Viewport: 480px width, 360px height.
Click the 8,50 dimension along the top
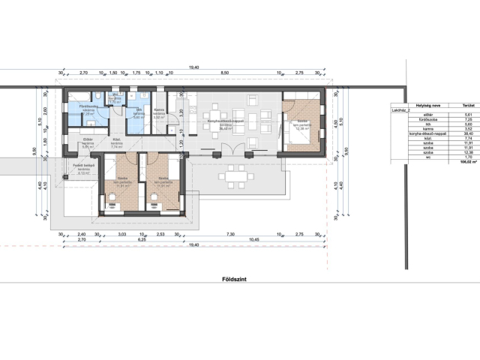tap(224, 73)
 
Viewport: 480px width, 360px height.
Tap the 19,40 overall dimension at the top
tap(195, 67)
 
